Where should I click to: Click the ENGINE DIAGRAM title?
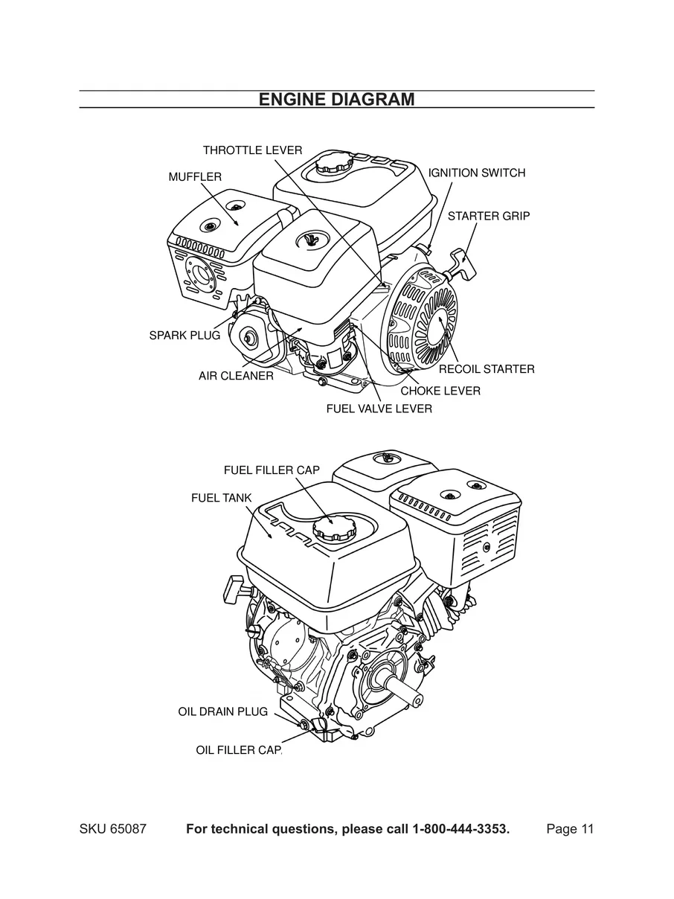(336, 100)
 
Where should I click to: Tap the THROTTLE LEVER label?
(252, 150)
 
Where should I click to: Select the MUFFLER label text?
(195, 176)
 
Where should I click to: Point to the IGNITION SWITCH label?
(477, 173)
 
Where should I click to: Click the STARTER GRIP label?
(488, 216)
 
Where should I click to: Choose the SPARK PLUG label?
(184, 335)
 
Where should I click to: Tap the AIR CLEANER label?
(236, 376)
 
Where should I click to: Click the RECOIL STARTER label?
(486, 368)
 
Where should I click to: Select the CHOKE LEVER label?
(440, 391)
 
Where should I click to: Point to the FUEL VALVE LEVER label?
(379, 409)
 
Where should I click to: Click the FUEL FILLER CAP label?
(271, 470)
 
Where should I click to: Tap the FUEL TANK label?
(221, 498)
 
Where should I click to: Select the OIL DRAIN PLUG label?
(222, 711)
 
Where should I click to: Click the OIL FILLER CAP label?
(239, 749)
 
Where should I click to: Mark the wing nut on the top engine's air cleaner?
(311, 240)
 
